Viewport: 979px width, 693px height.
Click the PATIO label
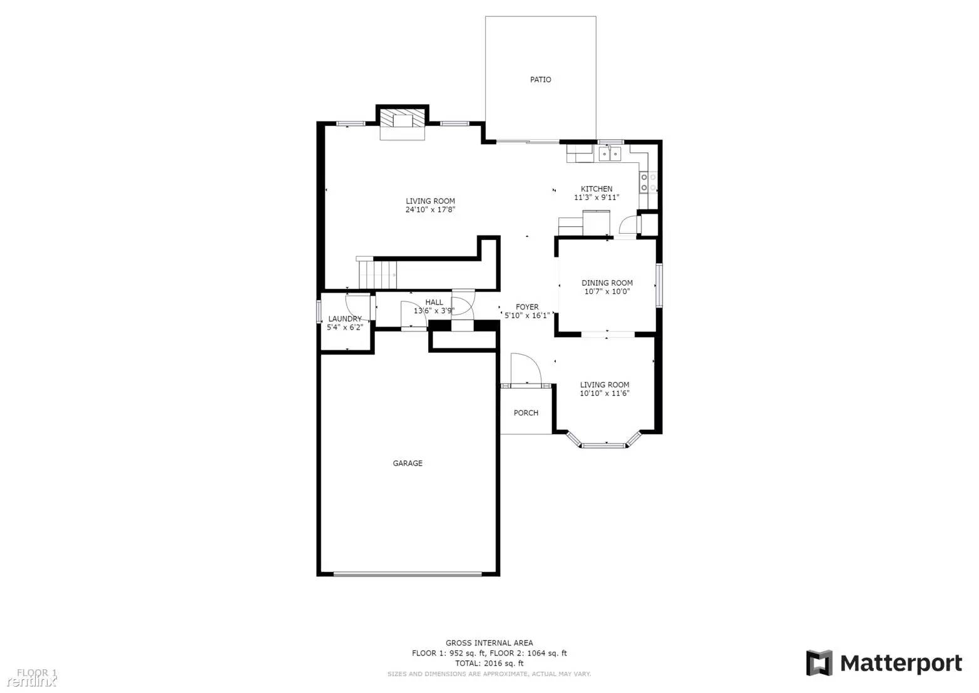pos(540,80)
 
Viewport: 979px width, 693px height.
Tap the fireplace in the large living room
pos(402,122)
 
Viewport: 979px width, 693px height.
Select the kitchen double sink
pos(609,154)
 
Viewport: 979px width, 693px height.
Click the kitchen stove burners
pos(648,182)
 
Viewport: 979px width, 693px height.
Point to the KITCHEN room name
pos(597,189)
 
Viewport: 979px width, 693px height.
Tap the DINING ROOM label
pos(607,283)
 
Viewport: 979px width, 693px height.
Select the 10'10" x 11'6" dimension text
pos(604,393)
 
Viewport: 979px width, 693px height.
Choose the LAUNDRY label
pos(345,318)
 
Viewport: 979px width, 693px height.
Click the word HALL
pos(434,302)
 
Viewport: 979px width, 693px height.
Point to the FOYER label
pos(526,307)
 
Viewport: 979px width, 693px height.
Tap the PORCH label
pos(526,412)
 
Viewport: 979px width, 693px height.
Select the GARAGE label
pos(407,463)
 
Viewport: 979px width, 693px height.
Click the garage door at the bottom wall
pos(407,573)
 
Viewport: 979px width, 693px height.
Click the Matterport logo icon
pos(819,663)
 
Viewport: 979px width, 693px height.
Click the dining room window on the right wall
pos(659,286)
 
